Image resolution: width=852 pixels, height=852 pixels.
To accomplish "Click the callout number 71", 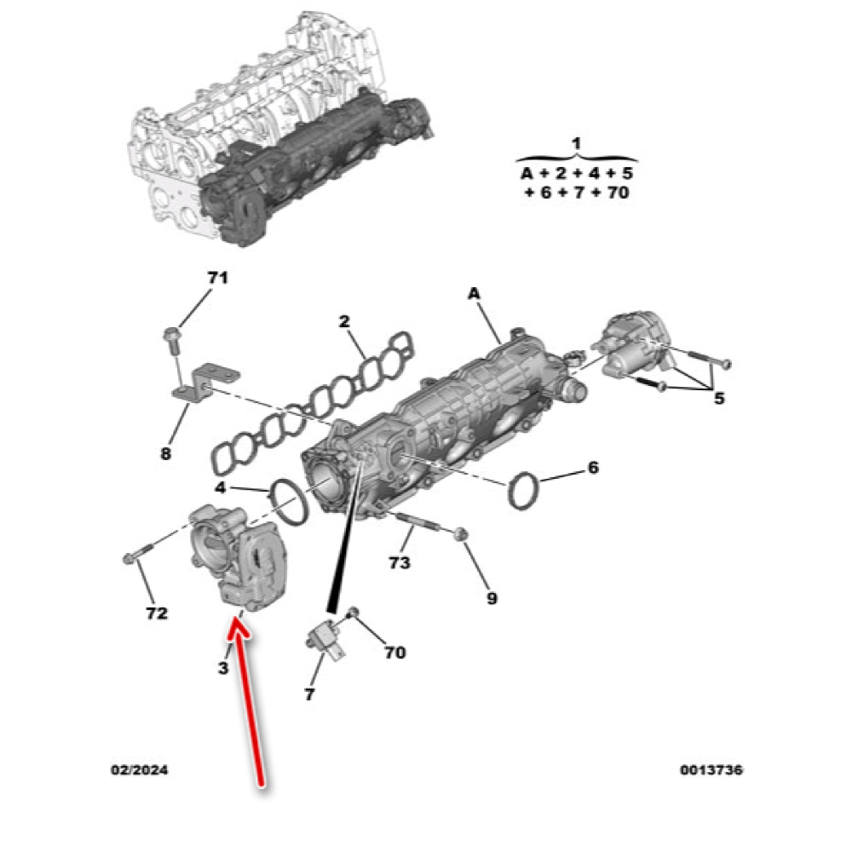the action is pos(217,278).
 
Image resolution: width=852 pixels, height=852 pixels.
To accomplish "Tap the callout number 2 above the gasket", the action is pos(344,321).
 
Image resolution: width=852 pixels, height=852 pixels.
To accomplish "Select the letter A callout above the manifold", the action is pos(475,293).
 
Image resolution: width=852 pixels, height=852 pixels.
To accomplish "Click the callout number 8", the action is pos(166,453).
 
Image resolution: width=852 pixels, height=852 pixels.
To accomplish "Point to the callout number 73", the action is pos(400,562).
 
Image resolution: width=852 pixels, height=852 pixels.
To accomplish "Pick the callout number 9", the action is pos(492,598).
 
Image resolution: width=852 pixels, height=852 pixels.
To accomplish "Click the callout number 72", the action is pos(157,613).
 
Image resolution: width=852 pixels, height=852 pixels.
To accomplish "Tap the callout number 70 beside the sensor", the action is pos(395,652).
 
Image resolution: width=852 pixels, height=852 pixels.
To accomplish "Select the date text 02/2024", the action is pos(140,770).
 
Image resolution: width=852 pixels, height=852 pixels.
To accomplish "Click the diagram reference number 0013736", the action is pos(711,770).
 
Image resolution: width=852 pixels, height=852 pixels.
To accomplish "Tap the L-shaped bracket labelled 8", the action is pos(206,384).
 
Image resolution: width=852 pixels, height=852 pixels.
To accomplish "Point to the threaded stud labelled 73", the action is pos(418,523).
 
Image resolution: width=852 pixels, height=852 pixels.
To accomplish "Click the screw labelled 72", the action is pos(138,555).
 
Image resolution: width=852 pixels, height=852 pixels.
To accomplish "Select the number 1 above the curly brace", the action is pos(577,144).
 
